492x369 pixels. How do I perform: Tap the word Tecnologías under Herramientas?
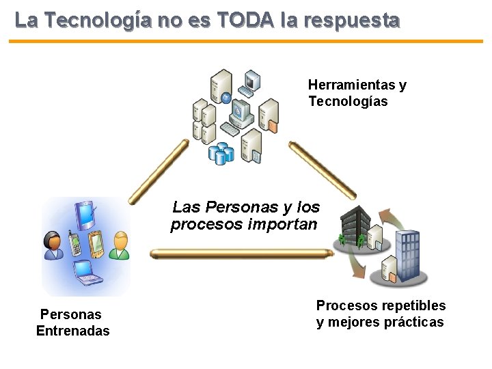click(x=348, y=102)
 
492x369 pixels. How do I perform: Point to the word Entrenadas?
click(x=72, y=331)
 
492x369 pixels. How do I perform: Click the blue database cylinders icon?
click(x=221, y=152)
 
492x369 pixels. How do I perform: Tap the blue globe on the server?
click(x=225, y=97)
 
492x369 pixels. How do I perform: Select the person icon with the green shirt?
click(x=120, y=245)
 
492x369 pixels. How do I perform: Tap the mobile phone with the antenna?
click(x=74, y=243)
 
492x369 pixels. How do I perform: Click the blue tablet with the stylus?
click(x=86, y=215)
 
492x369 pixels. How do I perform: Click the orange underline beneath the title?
click(x=246, y=41)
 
